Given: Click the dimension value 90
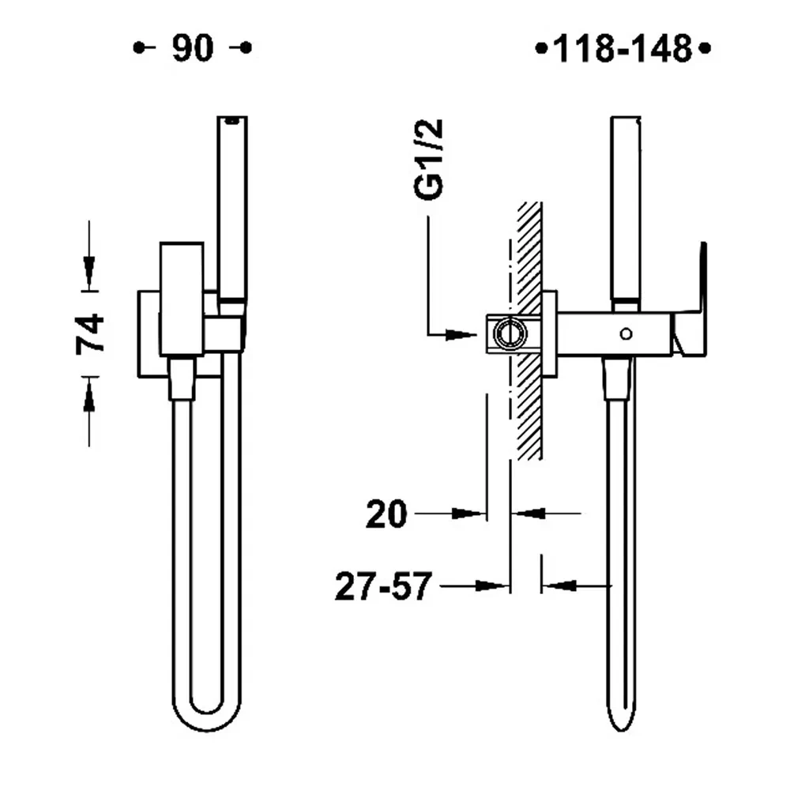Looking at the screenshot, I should point(193,48).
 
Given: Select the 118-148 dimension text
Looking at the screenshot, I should point(623,50).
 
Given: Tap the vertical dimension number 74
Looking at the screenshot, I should point(90,333).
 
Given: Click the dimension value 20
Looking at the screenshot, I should point(386,515).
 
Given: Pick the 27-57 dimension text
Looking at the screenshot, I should point(383,587).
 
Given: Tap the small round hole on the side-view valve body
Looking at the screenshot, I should point(627,333).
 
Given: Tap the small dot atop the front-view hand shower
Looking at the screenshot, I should point(231,121).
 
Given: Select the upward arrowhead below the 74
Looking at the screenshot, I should point(88,395).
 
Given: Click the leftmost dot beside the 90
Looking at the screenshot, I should point(140,48).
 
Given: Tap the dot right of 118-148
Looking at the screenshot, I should point(706,50).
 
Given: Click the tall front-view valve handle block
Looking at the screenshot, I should point(179,298).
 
